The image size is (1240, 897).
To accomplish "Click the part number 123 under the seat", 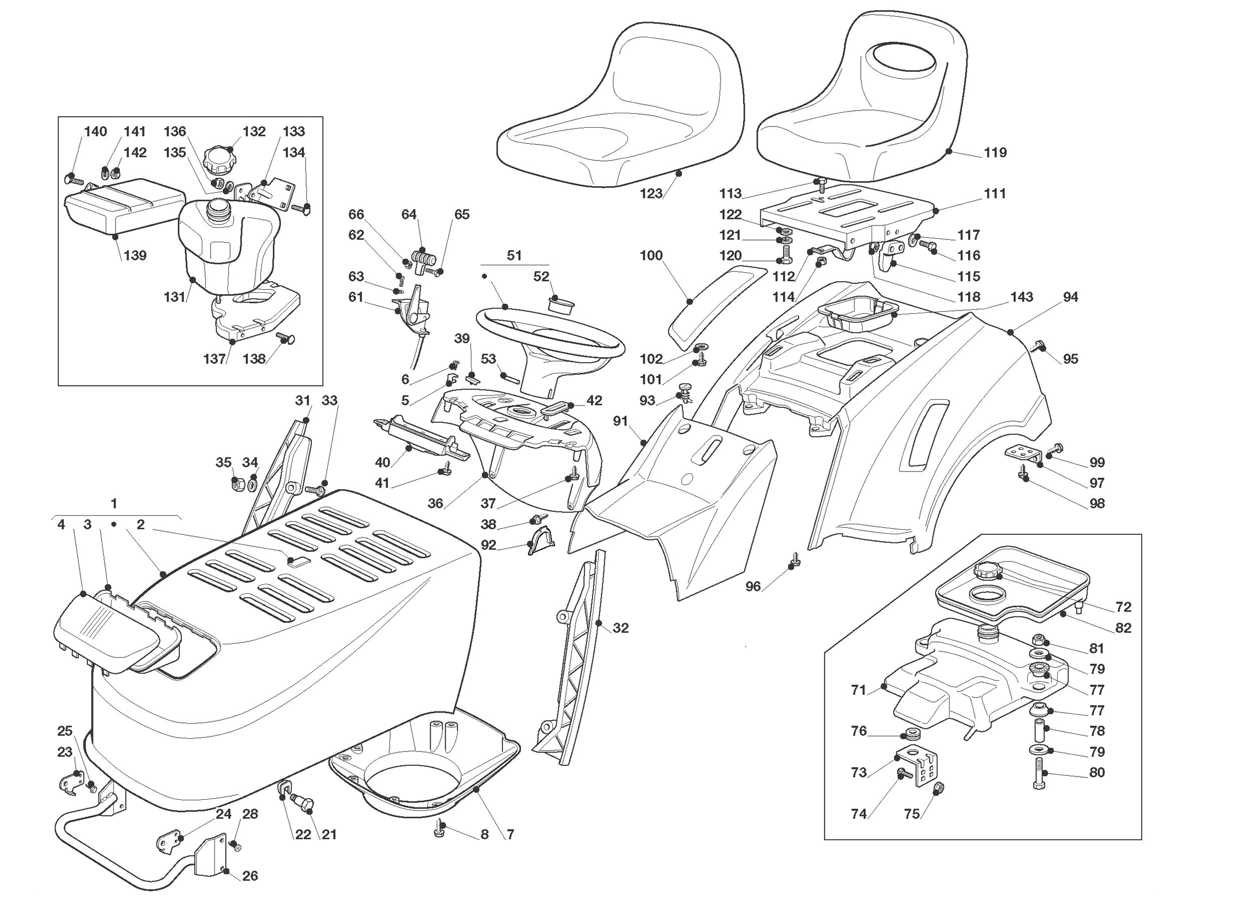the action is (651, 193).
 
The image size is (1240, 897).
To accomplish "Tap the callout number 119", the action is (995, 152).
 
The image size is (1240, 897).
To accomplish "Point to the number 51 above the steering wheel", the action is (514, 255).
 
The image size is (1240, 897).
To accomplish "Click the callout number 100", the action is (651, 255).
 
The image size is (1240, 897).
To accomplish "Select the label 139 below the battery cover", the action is (135, 255).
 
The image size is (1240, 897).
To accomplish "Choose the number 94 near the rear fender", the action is (1070, 297).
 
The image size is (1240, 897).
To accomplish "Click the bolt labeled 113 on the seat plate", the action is (821, 185).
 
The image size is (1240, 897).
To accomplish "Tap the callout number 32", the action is (620, 628).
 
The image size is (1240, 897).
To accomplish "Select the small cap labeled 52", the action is (559, 305).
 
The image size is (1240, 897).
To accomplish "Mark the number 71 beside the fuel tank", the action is (858, 690).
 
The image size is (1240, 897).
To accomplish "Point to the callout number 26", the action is (250, 876).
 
